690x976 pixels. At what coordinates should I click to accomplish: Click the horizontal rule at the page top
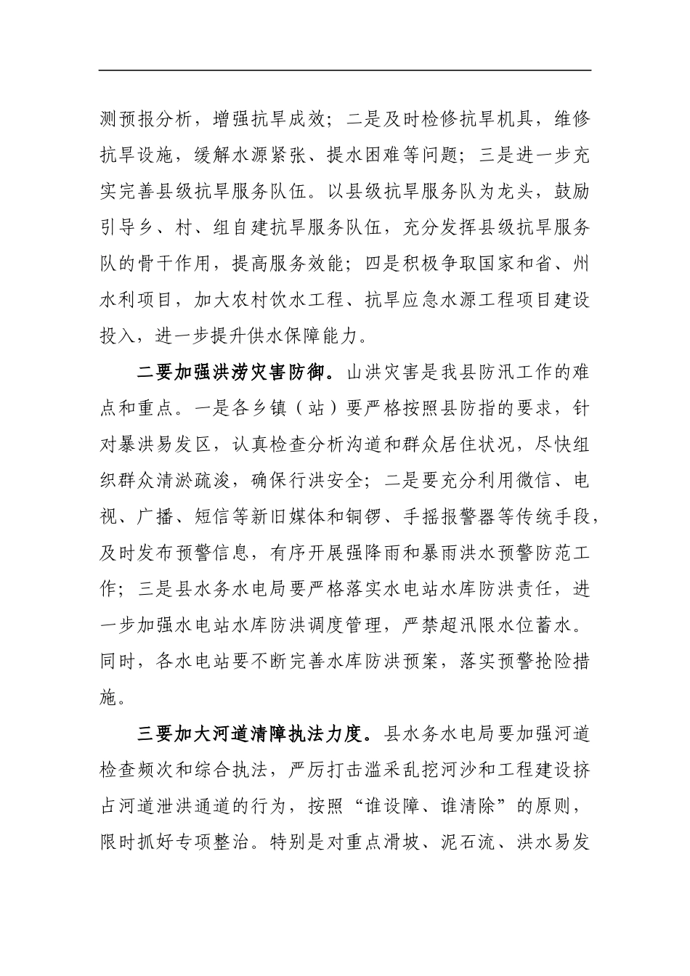coord(345,70)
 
